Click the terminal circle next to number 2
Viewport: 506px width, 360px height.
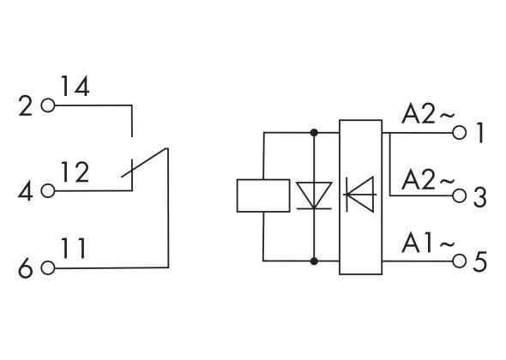[x=47, y=107]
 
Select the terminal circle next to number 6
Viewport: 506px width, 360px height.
[x=47, y=267]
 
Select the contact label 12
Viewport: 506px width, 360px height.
[x=75, y=172]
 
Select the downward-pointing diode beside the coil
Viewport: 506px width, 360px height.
[x=314, y=195]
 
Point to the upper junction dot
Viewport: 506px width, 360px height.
[x=314, y=133]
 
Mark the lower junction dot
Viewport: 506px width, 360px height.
[x=314, y=260]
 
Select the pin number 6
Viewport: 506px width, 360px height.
[x=25, y=268]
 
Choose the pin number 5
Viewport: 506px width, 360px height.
[x=480, y=261]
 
